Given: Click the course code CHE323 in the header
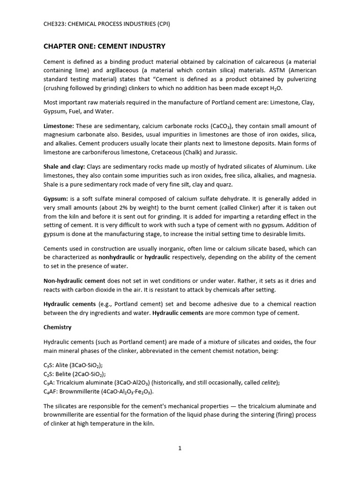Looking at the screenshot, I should (x=54, y=24).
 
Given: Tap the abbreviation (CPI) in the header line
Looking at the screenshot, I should (x=161, y=24).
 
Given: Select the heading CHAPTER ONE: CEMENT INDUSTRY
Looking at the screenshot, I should (x=104, y=46).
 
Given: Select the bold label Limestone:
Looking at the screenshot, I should (x=59, y=126).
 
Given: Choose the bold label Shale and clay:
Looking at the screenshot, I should (x=65, y=166).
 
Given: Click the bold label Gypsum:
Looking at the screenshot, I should (x=56, y=199).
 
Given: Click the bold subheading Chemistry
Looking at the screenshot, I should (x=58, y=327).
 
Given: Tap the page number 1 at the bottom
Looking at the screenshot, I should (x=180, y=448).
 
